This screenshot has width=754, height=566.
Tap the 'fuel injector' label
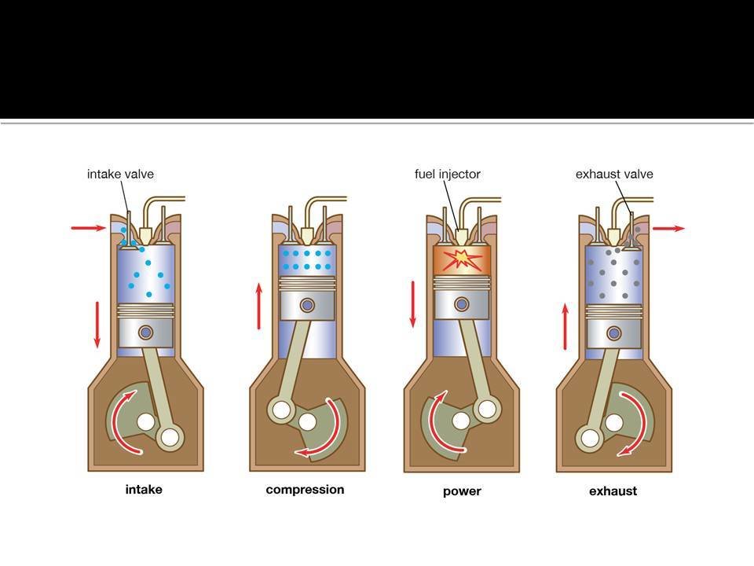pyautogui.click(x=448, y=174)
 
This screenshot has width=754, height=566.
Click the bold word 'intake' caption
pyautogui.click(x=144, y=489)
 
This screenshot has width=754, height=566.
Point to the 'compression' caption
pyautogui.click(x=305, y=489)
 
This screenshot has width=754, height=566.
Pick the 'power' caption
pyautogui.click(x=461, y=491)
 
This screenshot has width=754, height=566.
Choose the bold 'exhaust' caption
pyautogui.click(x=613, y=491)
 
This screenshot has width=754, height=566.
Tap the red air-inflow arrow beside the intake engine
pyautogui.click(x=88, y=228)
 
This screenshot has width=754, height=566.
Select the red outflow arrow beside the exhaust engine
pyautogui.click(x=668, y=228)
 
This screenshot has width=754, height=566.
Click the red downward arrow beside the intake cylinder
pyautogui.click(x=97, y=324)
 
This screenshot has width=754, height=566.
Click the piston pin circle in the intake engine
pyautogui.click(x=145, y=333)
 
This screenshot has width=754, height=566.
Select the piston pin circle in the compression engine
pyautogui.click(x=307, y=304)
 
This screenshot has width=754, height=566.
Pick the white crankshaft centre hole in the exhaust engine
pyautogui.click(x=613, y=423)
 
